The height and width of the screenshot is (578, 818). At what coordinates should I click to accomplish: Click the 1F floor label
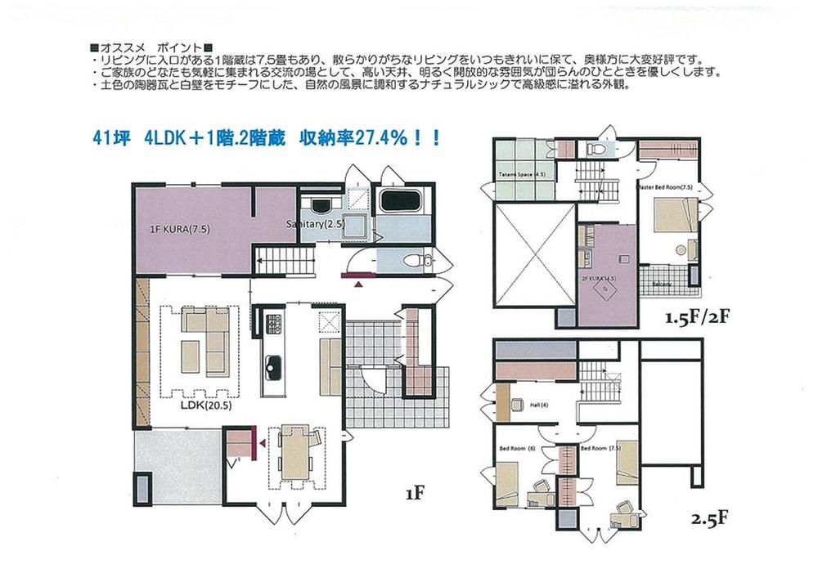[x=413, y=493]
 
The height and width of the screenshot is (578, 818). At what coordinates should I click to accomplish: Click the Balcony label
[x=663, y=284]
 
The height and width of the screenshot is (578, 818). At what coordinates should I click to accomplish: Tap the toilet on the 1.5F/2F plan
[x=595, y=148]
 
